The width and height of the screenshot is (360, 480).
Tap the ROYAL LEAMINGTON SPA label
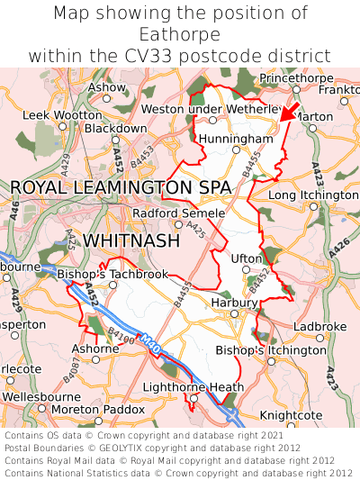[x=121, y=187]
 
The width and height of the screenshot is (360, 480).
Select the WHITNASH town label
[x=133, y=241]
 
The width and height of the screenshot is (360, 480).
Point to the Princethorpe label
[x=296, y=79]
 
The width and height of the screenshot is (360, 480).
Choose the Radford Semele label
[x=178, y=213]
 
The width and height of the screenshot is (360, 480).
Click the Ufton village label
[x=247, y=258]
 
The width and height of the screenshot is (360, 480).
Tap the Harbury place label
[x=234, y=303]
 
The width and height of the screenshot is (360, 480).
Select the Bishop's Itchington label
[x=271, y=349]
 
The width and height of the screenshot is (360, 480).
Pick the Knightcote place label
[x=291, y=415]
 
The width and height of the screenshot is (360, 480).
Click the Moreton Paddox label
[x=99, y=410]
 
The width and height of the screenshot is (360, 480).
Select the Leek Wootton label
[x=62, y=115]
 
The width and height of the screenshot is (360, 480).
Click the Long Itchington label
[x=313, y=195]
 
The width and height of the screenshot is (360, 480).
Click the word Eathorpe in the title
[x=180, y=34]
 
